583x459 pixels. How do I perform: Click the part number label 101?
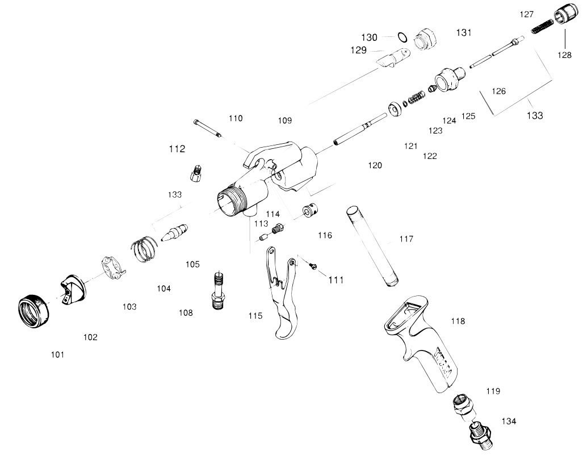(57, 354)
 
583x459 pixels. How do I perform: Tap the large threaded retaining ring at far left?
(33, 312)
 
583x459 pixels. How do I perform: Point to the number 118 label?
(458, 321)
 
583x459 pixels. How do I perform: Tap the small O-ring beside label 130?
(402, 37)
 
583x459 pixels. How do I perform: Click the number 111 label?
(336, 280)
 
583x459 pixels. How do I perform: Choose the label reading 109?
(285, 120)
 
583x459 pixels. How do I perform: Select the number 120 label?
(375, 165)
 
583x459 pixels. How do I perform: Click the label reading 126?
(498, 91)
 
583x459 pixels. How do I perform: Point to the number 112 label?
(177, 149)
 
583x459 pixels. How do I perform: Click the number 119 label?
(493, 391)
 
